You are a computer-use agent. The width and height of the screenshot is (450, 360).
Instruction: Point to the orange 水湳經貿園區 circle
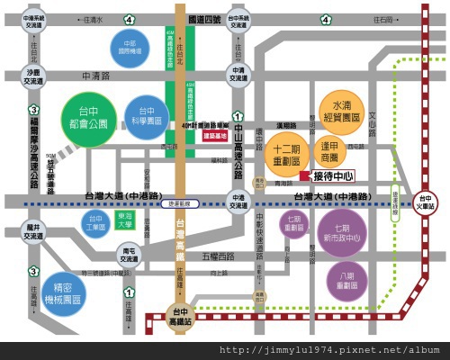click(342, 112)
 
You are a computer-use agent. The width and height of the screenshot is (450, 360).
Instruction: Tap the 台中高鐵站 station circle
click(180, 316)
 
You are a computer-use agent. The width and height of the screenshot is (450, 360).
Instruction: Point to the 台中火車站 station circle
click(426, 201)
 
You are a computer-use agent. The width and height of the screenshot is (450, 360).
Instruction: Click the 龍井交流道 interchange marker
click(32, 232)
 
